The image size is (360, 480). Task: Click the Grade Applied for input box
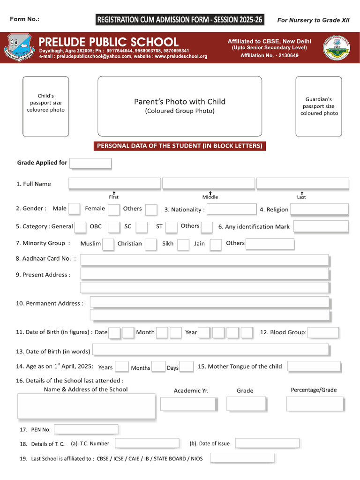[90, 163]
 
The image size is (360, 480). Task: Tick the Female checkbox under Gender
[113, 209]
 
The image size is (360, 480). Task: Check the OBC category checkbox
[113, 227]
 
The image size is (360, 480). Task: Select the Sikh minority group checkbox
[183, 244]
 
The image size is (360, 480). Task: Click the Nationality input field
[231, 209]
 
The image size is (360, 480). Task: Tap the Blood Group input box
[323, 332]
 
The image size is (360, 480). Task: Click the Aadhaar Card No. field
[204, 260]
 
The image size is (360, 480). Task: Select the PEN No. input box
[86, 429]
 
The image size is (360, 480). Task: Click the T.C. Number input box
[147, 443]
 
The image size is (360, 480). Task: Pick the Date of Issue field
[267, 443]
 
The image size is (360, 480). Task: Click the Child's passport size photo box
[45, 106]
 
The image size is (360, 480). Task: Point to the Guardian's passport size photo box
[319, 106]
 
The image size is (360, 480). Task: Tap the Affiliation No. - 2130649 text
[269, 56]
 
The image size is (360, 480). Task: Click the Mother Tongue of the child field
[314, 367]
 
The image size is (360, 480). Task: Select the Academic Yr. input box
[188, 404]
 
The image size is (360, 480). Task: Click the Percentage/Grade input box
[315, 404]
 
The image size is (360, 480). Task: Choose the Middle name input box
[209, 183]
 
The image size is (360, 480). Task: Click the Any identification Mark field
[321, 227]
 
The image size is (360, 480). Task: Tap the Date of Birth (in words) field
[210, 350]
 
